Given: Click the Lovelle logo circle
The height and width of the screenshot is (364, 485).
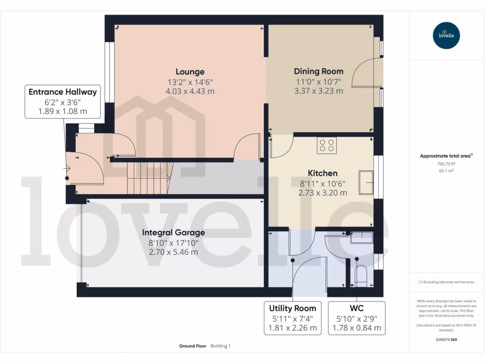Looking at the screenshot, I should (446, 36).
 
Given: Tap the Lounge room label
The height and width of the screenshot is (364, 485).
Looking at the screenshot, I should (190, 72).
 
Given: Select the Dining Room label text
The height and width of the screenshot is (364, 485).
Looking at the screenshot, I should (318, 72).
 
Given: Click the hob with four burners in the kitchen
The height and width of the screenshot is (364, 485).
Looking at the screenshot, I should (326, 146).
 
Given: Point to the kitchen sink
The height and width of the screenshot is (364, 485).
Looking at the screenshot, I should (366, 182).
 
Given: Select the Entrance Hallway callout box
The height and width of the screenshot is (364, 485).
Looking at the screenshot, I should (63, 101).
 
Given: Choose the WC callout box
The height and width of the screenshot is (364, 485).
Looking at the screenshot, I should (356, 318).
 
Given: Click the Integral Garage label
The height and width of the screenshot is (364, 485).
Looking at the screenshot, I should (173, 233).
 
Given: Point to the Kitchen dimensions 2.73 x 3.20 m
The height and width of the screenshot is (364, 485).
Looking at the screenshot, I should (323, 193).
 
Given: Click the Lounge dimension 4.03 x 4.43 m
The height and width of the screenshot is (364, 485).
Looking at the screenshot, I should (190, 91).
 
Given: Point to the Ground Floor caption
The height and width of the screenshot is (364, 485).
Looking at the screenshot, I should (193, 346).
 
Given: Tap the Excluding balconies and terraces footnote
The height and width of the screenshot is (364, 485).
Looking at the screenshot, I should (446, 282).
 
